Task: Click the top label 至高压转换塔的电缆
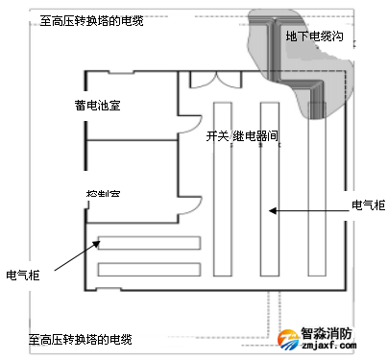tap(92, 19)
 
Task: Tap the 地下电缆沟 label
tap(315, 36)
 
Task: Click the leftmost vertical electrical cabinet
tap(219, 187)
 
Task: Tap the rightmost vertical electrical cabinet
tap(317, 187)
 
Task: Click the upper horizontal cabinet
tap(149, 243)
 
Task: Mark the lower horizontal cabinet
tap(149, 269)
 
